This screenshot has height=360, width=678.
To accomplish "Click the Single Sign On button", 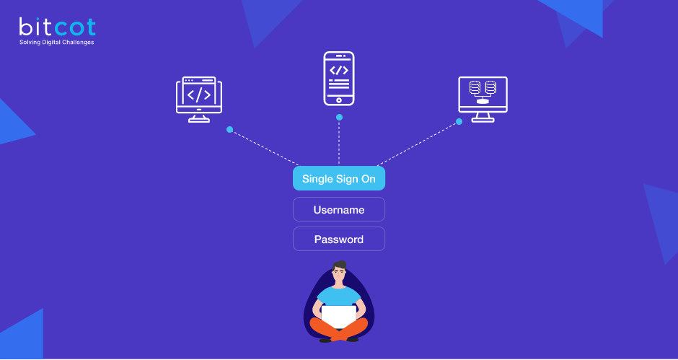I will click(x=338, y=179).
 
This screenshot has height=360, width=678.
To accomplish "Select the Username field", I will click(x=338, y=210).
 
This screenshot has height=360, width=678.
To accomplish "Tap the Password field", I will click(x=338, y=240).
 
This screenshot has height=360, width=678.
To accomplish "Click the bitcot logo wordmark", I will click(x=57, y=27).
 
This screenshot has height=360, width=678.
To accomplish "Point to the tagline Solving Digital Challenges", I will click(x=56, y=43).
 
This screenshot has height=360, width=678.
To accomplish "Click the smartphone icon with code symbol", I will click(x=339, y=78).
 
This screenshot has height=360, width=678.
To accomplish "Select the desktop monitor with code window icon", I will click(x=199, y=99).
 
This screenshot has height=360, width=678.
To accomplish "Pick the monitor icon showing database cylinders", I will click(x=483, y=98).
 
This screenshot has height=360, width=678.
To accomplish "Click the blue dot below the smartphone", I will click(x=339, y=117).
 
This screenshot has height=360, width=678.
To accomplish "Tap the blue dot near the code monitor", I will click(x=229, y=130).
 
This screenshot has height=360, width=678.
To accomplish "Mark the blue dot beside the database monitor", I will click(x=459, y=122).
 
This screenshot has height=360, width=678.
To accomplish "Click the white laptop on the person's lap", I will click(x=338, y=316).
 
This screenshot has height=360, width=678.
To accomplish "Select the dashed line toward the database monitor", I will click(x=418, y=144).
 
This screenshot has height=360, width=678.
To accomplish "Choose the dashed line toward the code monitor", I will click(x=265, y=148).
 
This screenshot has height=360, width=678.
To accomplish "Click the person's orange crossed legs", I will click(x=338, y=330).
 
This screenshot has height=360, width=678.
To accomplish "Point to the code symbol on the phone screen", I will click(x=339, y=70).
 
